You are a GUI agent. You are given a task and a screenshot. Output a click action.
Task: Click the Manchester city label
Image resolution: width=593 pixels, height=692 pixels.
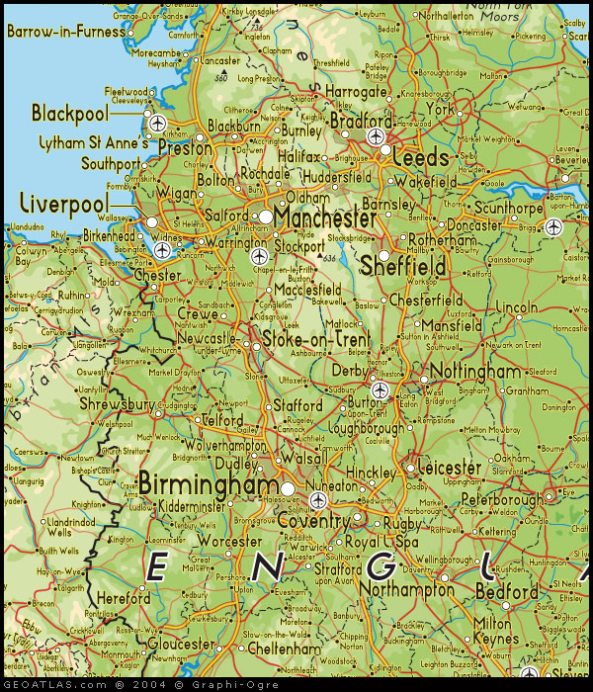tap(326, 217)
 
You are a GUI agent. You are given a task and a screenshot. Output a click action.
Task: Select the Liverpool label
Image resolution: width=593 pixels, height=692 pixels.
tap(62, 204)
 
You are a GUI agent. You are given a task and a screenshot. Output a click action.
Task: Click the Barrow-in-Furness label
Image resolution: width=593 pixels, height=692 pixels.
tap(67, 32)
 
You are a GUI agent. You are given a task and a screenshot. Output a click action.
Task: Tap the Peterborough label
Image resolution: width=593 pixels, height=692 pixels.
tap(501, 499)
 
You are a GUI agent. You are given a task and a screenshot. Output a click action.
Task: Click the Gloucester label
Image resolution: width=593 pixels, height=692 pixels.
tap(181, 644)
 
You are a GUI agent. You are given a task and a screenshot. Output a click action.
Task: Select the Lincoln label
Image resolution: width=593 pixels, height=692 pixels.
tap(518, 308)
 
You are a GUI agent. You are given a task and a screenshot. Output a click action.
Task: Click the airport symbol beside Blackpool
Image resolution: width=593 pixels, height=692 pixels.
tap(157, 124)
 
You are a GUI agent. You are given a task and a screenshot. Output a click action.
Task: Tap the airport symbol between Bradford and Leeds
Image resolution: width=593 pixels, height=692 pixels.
tap(376, 136)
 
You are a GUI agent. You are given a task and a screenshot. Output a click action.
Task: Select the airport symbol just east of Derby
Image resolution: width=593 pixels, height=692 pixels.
tap(379, 388)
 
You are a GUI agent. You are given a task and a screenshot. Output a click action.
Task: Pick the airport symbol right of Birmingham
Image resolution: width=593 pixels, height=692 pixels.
tap(316, 500)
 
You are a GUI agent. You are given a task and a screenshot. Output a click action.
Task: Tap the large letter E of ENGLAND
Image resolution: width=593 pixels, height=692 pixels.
tap(157, 567)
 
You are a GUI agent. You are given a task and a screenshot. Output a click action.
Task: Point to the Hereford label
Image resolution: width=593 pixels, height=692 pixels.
tap(124, 599)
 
